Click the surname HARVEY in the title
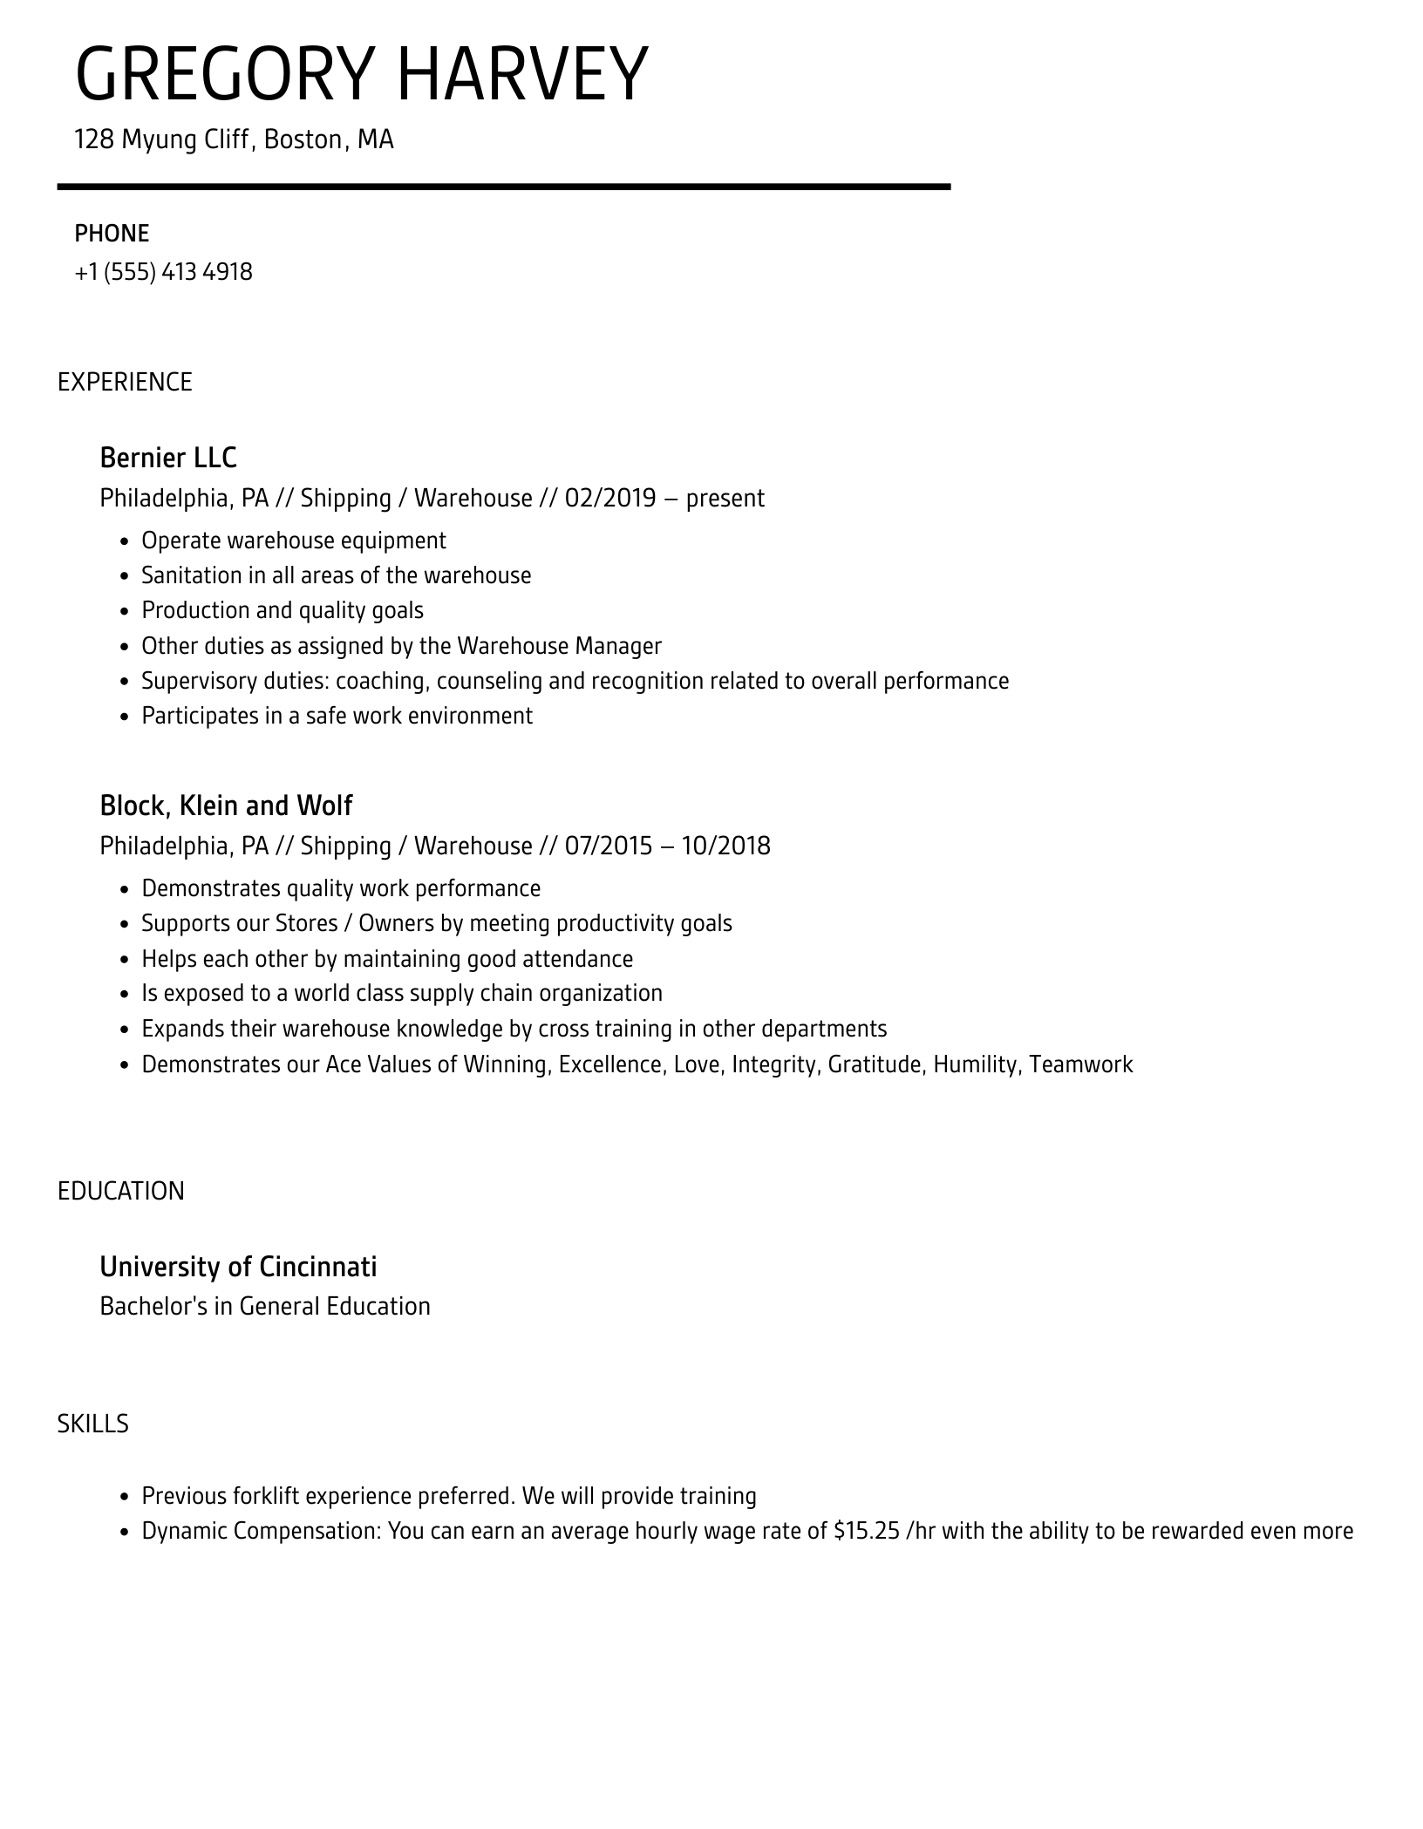[x=522, y=75]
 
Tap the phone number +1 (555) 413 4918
[x=163, y=272]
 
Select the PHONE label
[x=112, y=234]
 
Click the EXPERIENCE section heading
[x=125, y=383]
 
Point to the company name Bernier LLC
[x=168, y=458]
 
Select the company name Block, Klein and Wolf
[x=226, y=806]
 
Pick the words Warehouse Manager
[x=559, y=646]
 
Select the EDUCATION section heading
[x=121, y=1192]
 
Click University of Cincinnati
[x=238, y=1267]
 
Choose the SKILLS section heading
[x=93, y=1424]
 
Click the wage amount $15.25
[x=866, y=1532]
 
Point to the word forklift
[x=266, y=1497]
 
